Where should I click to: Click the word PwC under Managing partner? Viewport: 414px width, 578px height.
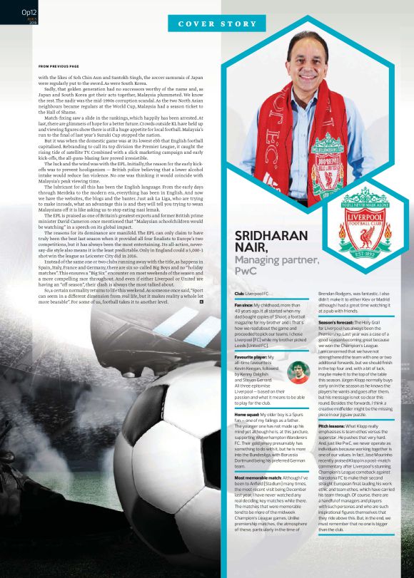[246, 271]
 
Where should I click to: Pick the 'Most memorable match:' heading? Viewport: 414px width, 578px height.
[267, 477]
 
